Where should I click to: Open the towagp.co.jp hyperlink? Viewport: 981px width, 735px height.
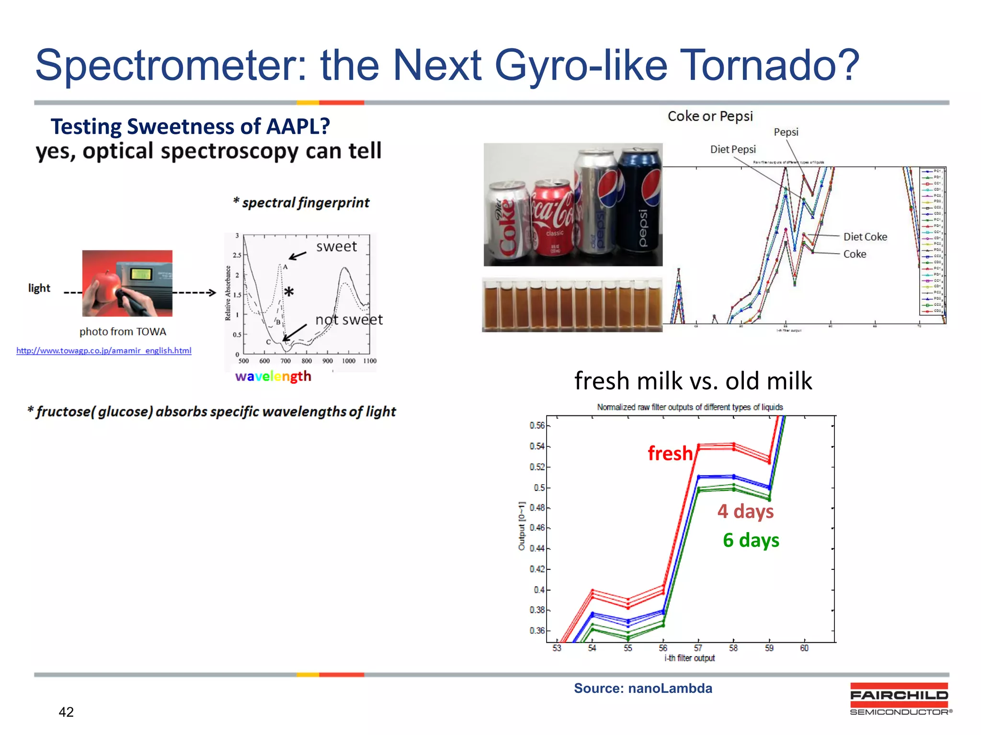click(x=104, y=351)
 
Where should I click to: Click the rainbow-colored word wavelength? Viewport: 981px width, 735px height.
click(x=273, y=377)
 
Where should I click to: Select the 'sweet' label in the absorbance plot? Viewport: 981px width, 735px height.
click(x=336, y=246)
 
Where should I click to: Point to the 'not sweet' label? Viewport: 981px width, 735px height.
click(x=349, y=320)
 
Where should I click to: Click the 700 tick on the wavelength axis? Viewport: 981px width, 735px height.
click(x=285, y=361)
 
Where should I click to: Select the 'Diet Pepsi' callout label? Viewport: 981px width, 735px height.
click(x=732, y=149)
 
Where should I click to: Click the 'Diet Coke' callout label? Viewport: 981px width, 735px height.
click(x=865, y=237)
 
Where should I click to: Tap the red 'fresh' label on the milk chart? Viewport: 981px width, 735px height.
click(x=670, y=453)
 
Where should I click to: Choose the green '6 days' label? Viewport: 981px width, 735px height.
click(x=751, y=540)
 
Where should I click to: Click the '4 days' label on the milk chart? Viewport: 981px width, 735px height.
click(x=745, y=511)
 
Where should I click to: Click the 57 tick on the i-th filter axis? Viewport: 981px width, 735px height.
click(x=698, y=648)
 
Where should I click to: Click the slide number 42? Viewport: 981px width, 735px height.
click(x=66, y=712)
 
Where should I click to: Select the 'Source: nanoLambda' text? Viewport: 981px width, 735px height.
click(x=643, y=688)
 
